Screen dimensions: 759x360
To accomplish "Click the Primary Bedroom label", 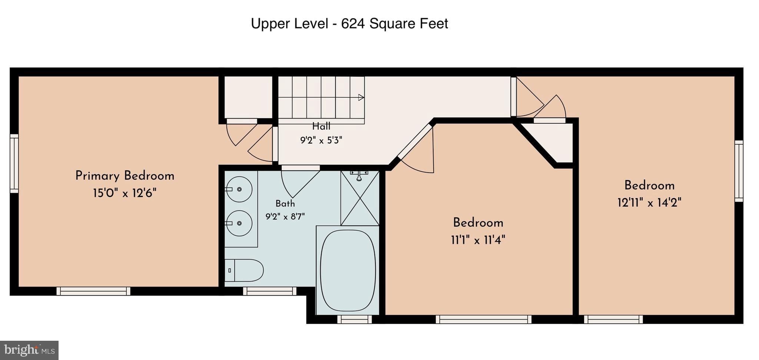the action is (125, 176).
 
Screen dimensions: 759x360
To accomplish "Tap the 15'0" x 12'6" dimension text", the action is (125, 193).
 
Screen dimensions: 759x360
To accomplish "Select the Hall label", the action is (321, 126).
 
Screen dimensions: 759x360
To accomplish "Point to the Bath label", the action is (285, 203).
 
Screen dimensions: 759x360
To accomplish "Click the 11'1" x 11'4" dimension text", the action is (478, 240).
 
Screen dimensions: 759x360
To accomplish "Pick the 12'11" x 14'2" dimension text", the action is (649, 203).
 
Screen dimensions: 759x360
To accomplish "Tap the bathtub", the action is (348, 270).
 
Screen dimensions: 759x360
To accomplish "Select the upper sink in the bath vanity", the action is (239, 189).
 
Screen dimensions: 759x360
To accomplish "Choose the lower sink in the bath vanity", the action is (239, 223).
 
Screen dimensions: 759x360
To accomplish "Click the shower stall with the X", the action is (360, 198).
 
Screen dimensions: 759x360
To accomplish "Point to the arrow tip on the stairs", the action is (364, 97).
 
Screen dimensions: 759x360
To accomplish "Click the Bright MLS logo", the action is (29, 350).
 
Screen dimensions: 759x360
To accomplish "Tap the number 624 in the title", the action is (352, 24).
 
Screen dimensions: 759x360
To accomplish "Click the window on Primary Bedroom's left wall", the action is (14, 163).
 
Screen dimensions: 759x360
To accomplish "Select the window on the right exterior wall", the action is (739, 171).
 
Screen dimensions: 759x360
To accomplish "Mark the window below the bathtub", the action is (355, 319).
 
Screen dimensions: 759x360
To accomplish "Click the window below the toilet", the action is (270, 291).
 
